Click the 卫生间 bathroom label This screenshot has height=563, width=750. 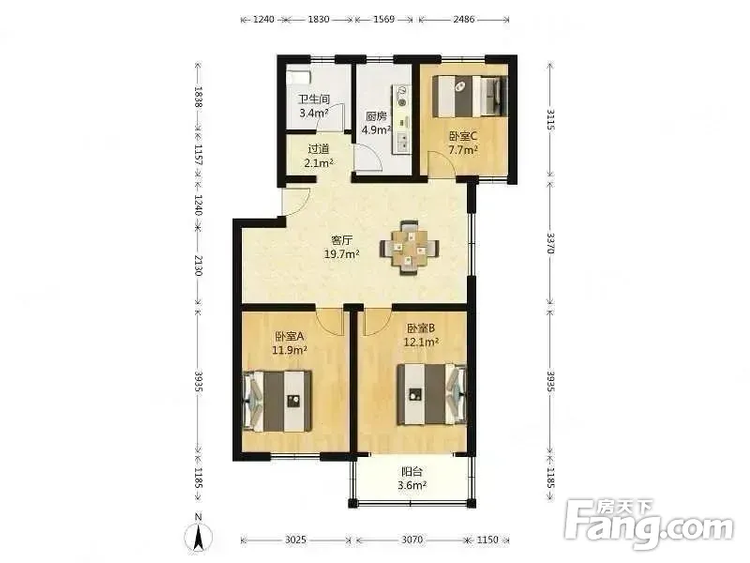point(314,99)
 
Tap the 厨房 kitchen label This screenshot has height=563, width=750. point(376,116)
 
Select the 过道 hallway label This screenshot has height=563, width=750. point(318,149)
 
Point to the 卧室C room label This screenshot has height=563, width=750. point(462,136)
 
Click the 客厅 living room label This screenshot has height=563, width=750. point(342,240)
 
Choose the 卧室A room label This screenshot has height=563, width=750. point(290,336)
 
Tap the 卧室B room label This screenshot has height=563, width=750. point(421,328)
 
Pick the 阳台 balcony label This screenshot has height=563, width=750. point(412,472)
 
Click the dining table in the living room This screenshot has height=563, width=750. point(410,247)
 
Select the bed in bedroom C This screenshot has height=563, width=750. point(470,97)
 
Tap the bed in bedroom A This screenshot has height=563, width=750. point(277,402)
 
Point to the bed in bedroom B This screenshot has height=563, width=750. point(431,394)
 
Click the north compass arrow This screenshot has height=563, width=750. point(199,536)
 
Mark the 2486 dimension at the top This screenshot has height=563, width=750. point(463,19)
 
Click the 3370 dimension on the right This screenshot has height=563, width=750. point(550,243)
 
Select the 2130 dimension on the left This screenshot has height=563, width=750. point(199,266)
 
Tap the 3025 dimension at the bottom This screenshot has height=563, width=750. point(295,540)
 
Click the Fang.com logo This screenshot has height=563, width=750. point(649,525)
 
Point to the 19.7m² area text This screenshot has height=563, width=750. point(342,253)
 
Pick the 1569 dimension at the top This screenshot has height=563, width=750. point(383,19)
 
